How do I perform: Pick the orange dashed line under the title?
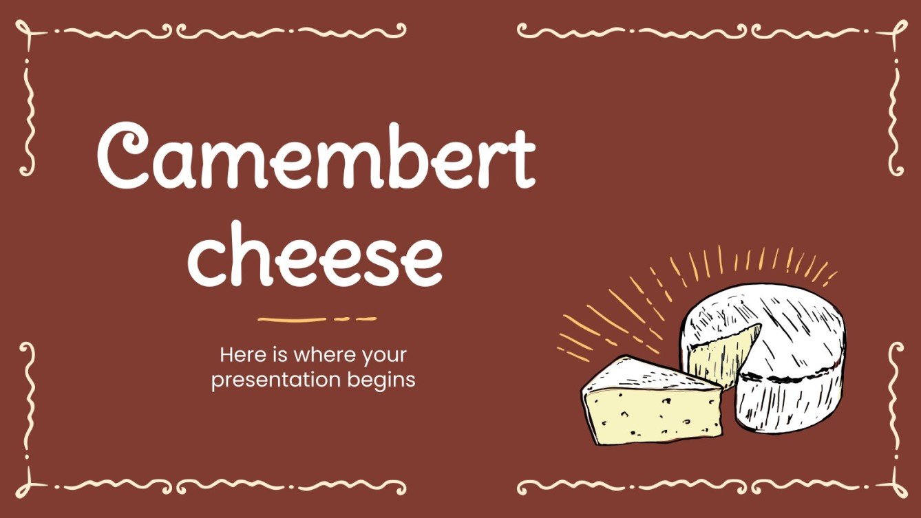pos(317,319)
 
